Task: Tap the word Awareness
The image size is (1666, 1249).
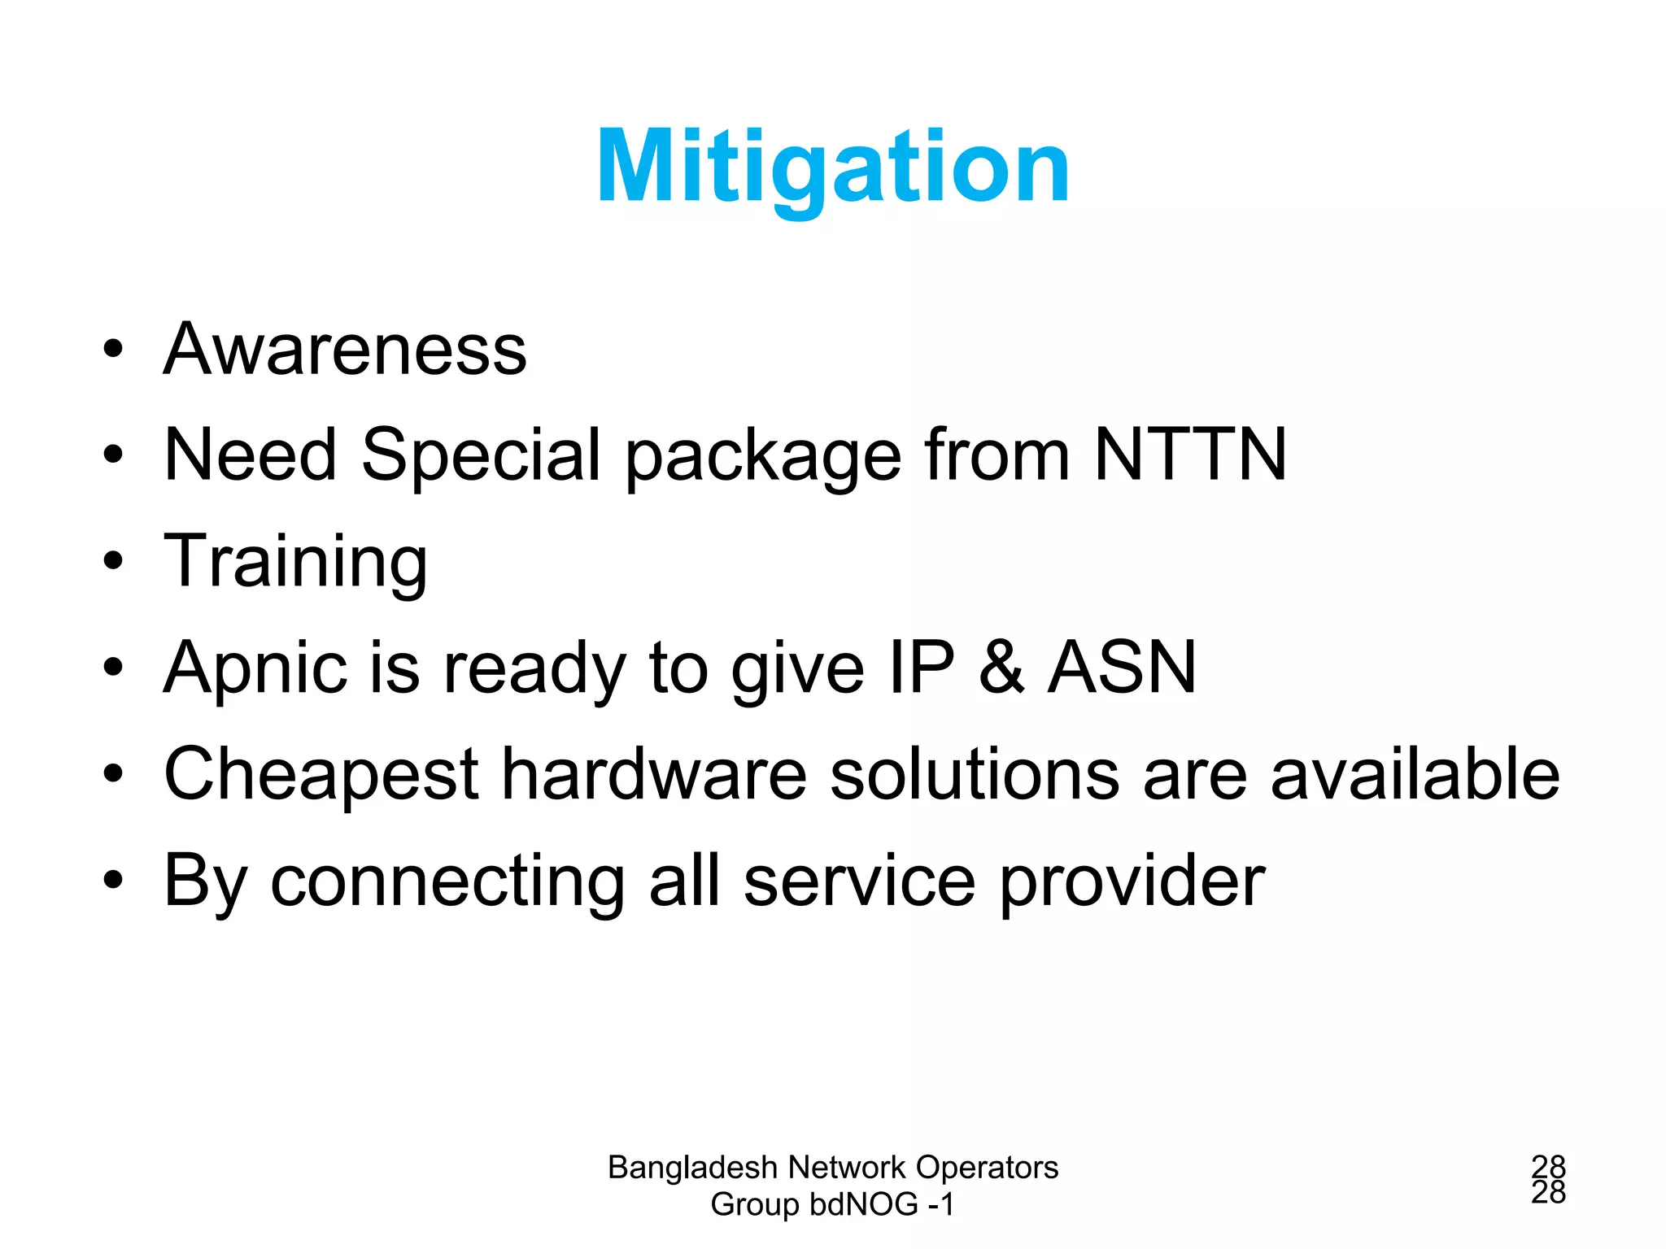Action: coord(346,350)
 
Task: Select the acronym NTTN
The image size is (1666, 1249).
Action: coord(1190,455)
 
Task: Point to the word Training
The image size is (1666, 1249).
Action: coord(295,563)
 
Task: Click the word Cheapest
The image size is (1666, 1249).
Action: coord(321,775)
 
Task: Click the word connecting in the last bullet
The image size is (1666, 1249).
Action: coord(448,881)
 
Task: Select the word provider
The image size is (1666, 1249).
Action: coord(1132,881)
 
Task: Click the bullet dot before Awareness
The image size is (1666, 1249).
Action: coord(113,350)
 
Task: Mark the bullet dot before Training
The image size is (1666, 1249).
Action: coord(113,561)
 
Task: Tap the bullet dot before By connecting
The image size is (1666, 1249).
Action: coord(113,880)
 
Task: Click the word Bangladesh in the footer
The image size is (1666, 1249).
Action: coord(692,1168)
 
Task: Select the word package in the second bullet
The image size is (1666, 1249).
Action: coord(763,456)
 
